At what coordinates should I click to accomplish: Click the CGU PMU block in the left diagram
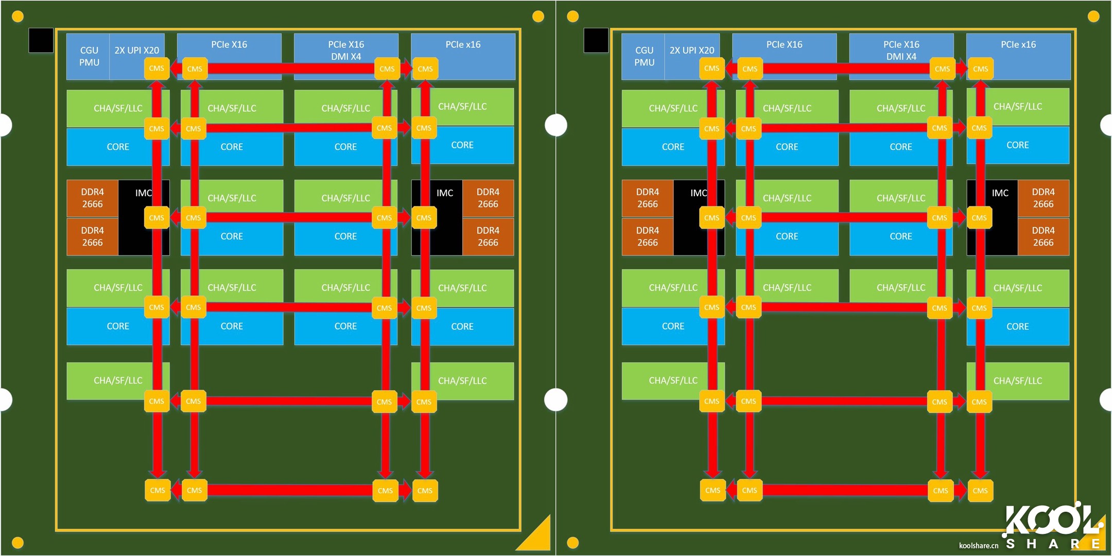click(x=89, y=57)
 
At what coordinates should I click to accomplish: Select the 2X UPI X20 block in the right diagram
click(x=691, y=50)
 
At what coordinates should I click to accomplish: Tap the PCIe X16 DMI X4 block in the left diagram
click(x=346, y=50)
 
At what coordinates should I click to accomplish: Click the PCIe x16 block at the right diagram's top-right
click(x=1018, y=45)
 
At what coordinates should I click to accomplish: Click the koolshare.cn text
click(x=978, y=546)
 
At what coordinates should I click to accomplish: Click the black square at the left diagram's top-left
click(x=41, y=40)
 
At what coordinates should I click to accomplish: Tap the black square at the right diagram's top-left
click(x=596, y=40)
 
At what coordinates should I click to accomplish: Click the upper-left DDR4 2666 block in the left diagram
click(x=92, y=198)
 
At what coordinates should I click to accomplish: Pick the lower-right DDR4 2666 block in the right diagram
click(x=1043, y=236)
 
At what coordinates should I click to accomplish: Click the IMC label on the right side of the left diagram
click(x=445, y=193)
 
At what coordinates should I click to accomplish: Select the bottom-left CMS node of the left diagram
click(x=157, y=491)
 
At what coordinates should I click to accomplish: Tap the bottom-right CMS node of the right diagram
click(x=980, y=491)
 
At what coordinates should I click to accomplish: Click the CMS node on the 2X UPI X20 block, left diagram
click(x=157, y=68)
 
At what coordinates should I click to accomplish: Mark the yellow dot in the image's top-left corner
click(x=18, y=16)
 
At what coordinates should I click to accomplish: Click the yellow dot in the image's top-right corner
click(x=1093, y=16)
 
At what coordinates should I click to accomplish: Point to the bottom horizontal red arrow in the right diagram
click(x=844, y=491)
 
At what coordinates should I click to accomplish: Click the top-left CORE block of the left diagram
click(x=117, y=147)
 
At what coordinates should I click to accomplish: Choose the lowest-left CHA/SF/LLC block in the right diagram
click(x=673, y=380)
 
